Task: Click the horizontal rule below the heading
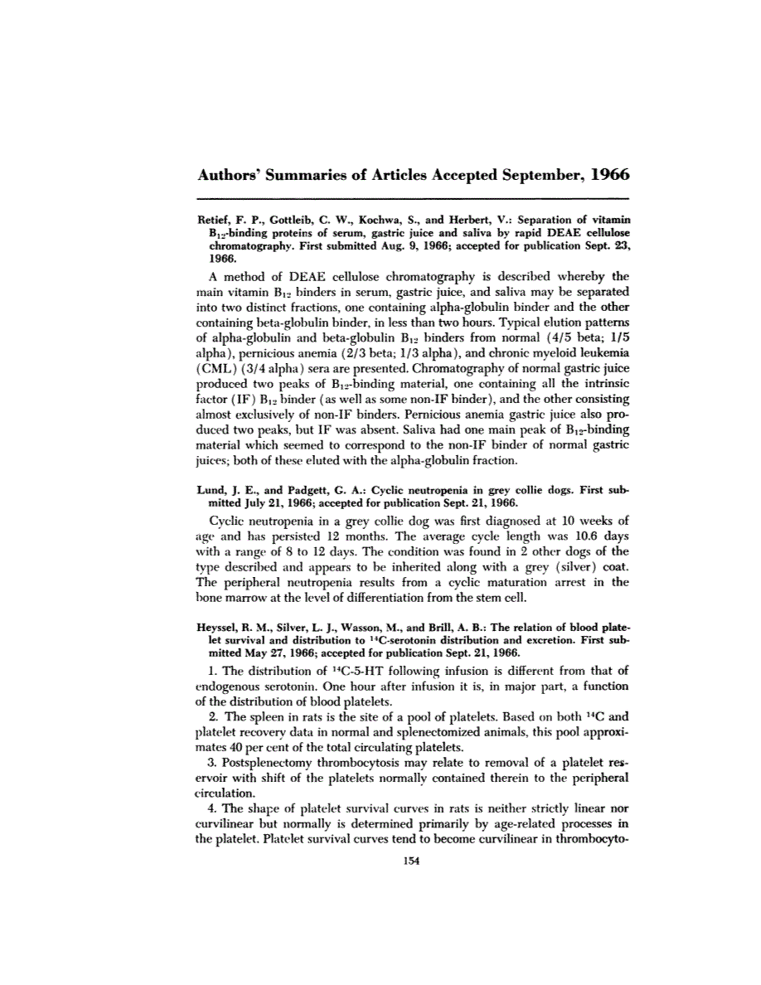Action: pyautogui.click(x=411, y=199)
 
